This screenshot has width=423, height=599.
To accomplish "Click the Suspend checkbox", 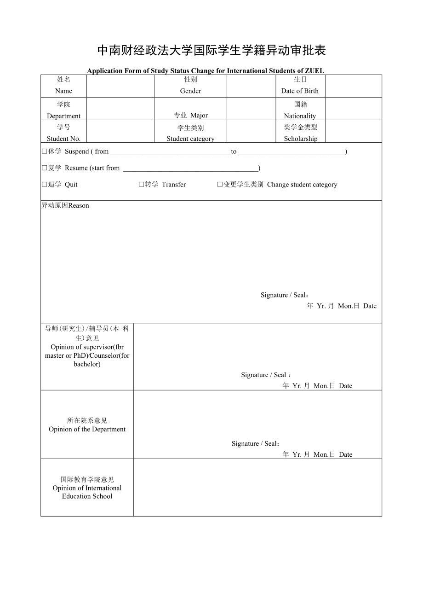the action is coord(45,151).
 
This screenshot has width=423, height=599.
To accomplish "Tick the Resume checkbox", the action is coord(45,168).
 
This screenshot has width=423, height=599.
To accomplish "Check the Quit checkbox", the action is coord(45,185).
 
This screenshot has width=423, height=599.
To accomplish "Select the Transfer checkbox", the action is coord(142,185).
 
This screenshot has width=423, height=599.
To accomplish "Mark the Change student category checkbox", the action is coord(220,185).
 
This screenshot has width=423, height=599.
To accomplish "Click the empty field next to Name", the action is coord(120,86).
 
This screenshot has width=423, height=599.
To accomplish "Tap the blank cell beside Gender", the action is coord(251,86).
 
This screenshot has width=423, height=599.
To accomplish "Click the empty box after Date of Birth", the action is coord(354,86).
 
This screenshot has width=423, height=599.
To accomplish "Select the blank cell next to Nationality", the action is coord(354,109).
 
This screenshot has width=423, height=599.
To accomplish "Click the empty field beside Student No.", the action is coord(120,131).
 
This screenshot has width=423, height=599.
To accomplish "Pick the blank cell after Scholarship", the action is coord(354,131).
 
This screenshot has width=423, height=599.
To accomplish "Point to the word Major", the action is coord(199,116).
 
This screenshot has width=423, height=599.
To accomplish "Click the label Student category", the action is coord(190,139).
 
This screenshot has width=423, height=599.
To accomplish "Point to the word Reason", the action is coord(79,206).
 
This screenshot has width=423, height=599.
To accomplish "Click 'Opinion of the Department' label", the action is coord(87,429).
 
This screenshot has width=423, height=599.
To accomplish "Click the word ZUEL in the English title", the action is coord(314,71).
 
